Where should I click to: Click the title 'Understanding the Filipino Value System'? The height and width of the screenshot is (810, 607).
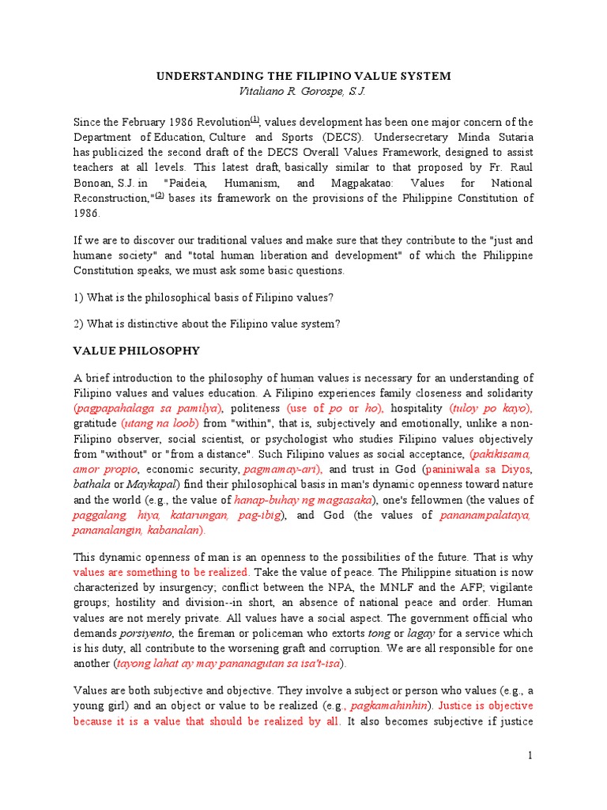coord(303,76)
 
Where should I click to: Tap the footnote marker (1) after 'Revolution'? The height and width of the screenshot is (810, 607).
coord(254,119)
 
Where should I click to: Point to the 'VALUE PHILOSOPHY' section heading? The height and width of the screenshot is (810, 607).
coord(137,350)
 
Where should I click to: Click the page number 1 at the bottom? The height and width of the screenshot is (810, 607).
coord(531,756)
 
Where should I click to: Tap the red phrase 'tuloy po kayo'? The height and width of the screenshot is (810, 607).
coord(492,408)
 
